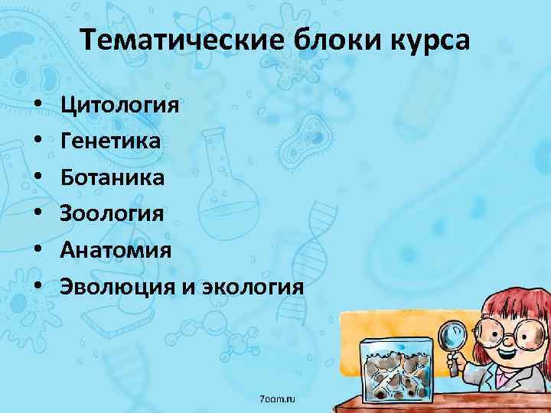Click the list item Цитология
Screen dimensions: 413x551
[x=121, y=104]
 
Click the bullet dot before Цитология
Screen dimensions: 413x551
[x=37, y=105]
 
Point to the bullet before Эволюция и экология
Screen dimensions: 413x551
[x=37, y=288]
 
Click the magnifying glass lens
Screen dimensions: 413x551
[x=455, y=332]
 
